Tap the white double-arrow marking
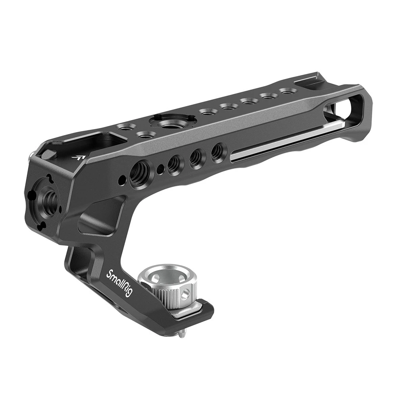pyautogui.click(x=79, y=157)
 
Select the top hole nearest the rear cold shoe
pyautogui.click(x=286, y=91)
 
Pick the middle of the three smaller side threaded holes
pyautogui.click(x=195, y=158)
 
